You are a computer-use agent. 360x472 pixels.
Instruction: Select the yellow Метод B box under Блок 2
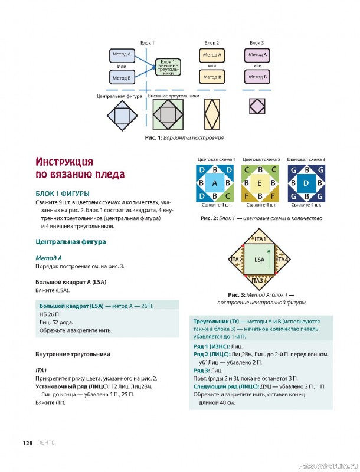[211, 77]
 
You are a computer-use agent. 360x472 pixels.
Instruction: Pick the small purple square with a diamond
[257, 107]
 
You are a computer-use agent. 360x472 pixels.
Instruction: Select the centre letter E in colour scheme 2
[259, 183]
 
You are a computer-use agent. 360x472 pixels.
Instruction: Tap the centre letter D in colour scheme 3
[305, 183]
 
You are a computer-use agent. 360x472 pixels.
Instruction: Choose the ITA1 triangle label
[260, 238]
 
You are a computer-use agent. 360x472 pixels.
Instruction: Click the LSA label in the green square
[259, 260]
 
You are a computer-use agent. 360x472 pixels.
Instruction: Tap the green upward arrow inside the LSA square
[269, 259]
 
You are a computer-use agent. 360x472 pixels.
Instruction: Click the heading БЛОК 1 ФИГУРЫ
[63, 194]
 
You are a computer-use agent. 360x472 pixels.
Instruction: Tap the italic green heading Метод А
[49, 258]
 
